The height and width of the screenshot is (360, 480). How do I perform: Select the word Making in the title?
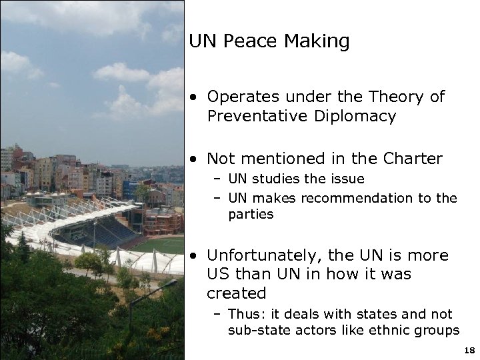317,41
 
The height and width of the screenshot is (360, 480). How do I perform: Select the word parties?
251,215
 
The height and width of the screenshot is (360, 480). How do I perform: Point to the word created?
237,293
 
